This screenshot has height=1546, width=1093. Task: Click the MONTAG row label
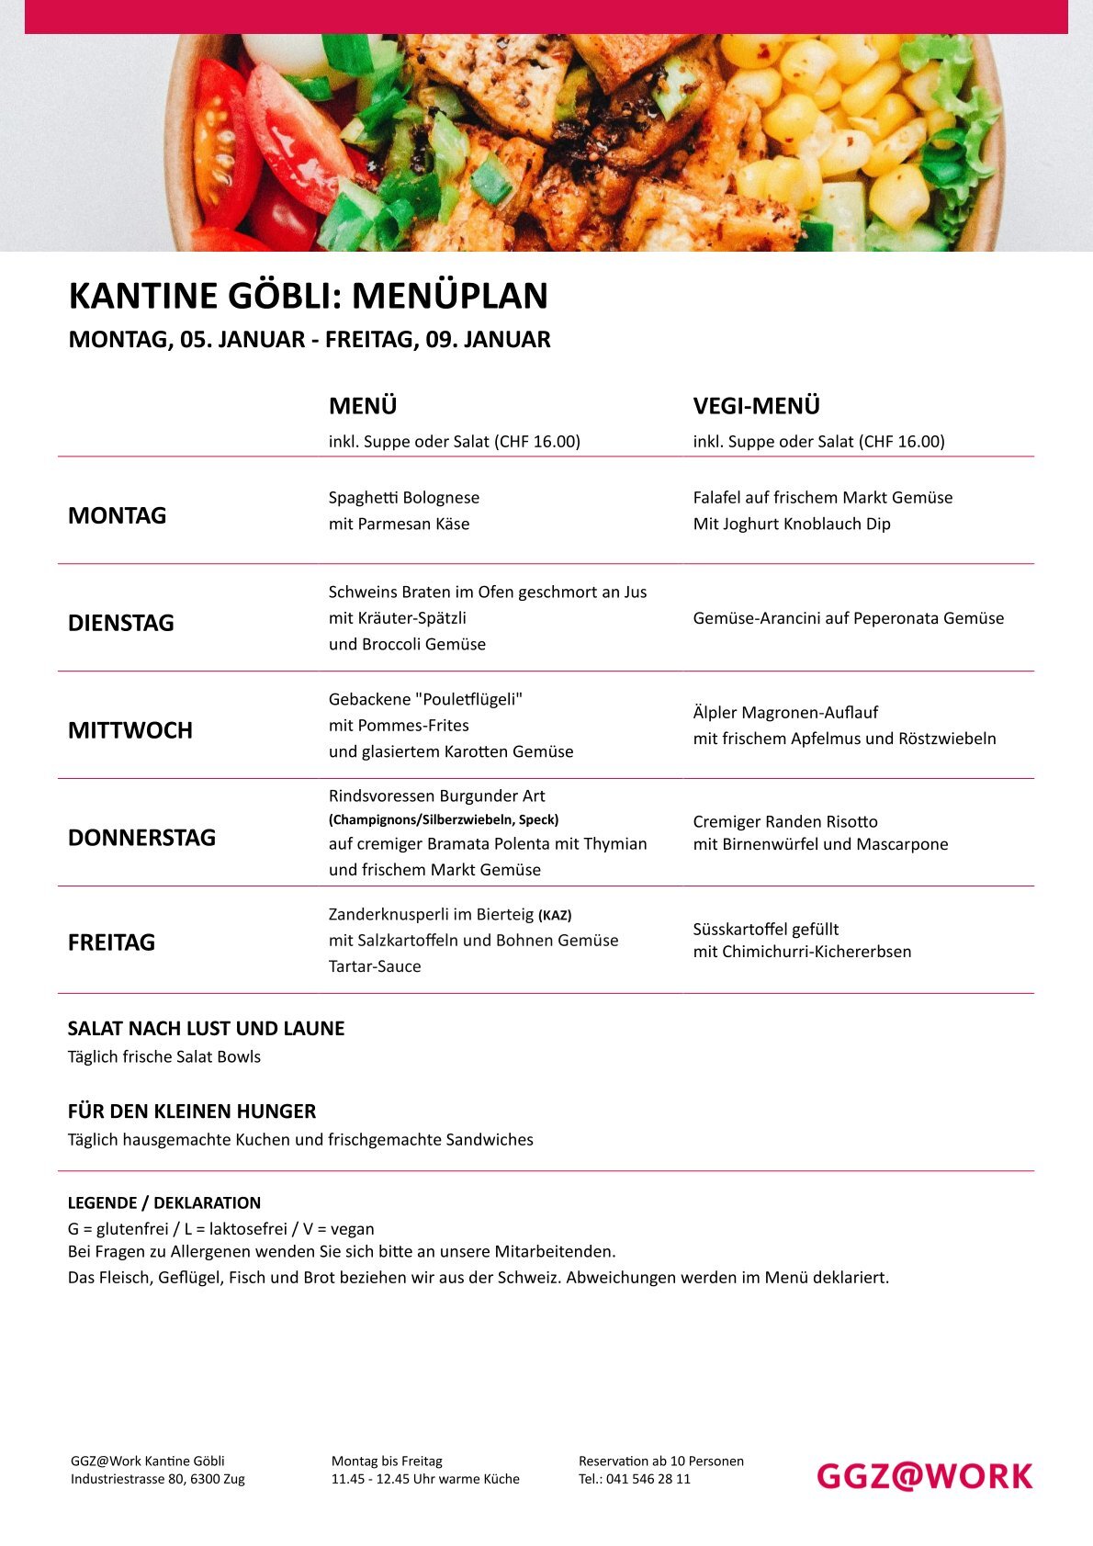pyautogui.click(x=118, y=515)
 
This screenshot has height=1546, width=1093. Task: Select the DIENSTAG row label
pyautogui.click(x=121, y=623)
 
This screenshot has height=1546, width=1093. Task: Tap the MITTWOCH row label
pyautogui.click(x=130, y=730)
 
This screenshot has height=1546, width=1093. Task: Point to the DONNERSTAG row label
pyautogui.click(x=142, y=838)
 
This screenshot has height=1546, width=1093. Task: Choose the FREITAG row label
pyautogui.click(x=111, y=942)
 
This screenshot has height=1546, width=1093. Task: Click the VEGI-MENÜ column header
pyautogui.click(x=756, y=406)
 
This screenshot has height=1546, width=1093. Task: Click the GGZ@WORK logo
pyautogui.click(x=924, y=1476)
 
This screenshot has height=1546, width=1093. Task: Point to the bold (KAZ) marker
pyautogui.click(x=555, y=915)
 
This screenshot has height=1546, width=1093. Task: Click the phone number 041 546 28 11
pyautogui.click(x=648, y=1479)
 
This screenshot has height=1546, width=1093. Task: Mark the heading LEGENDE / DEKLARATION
pyautogui.click(x=164, y=1202)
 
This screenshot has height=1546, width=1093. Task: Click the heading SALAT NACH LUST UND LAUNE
pyautogui.click(x=207, y=1029)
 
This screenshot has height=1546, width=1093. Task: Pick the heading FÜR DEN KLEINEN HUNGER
pyautogui.click(x=192, y=1112)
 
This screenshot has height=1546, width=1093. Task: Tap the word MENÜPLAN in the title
pyautogui.click(x=450, y=296)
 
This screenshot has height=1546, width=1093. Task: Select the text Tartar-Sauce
pyautogui.click(x=375, y=966)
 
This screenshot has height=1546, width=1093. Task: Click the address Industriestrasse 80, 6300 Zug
pyautogui.click(x=158, y=1479)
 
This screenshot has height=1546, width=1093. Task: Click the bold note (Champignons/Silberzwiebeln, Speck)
pyautogui.click(x=444, y=819)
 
